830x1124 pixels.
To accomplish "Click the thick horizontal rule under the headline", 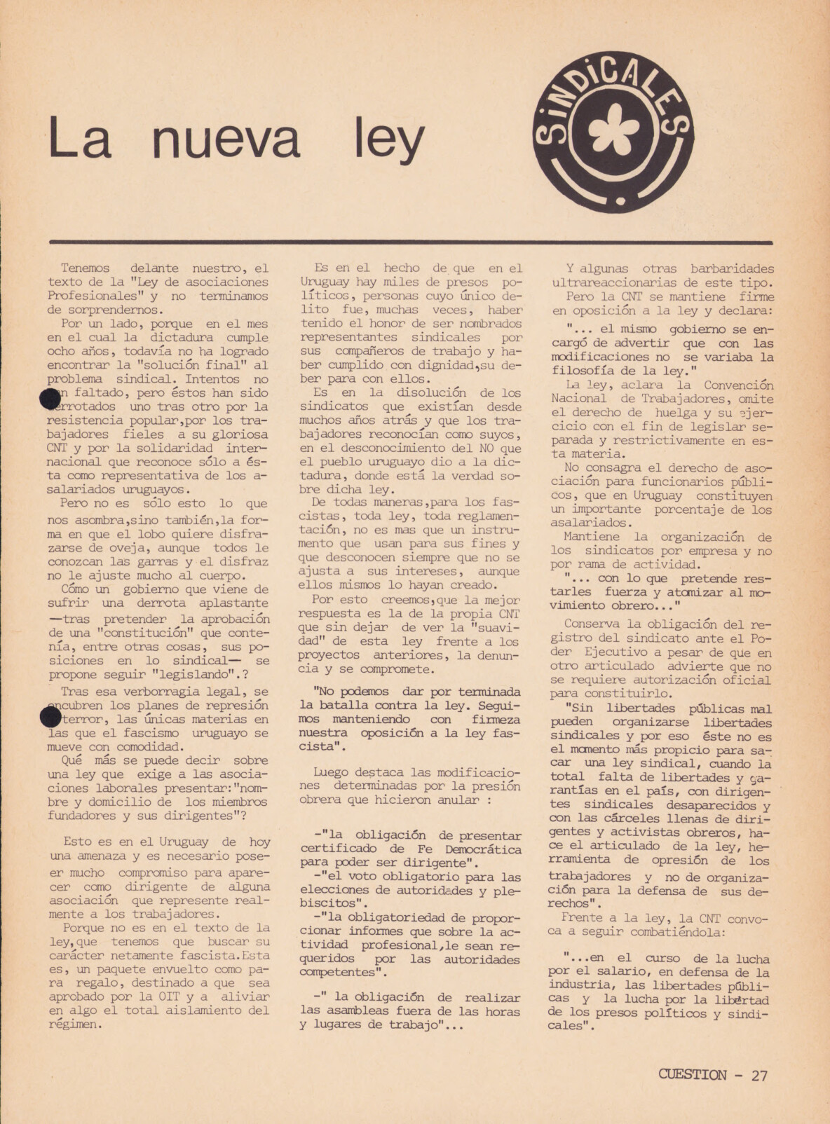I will tap(411, 242).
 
